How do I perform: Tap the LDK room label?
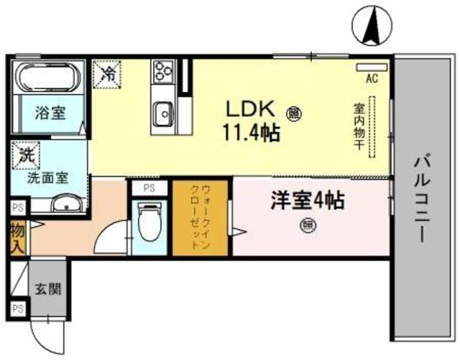pyautogui.click(x=250, y=110)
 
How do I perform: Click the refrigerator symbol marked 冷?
pyautogui.click(x=108, y=73)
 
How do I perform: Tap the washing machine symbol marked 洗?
pyautogui.click(x=26, y=154)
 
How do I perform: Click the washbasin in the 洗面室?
pyautogui.click(x=67, y=205)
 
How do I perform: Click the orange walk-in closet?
pyautogui.click(x=200, y=218)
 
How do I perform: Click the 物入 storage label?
pyautogui.click(x=17, y=238)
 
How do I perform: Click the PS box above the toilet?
pyautogui.click(x=149, y=188)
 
